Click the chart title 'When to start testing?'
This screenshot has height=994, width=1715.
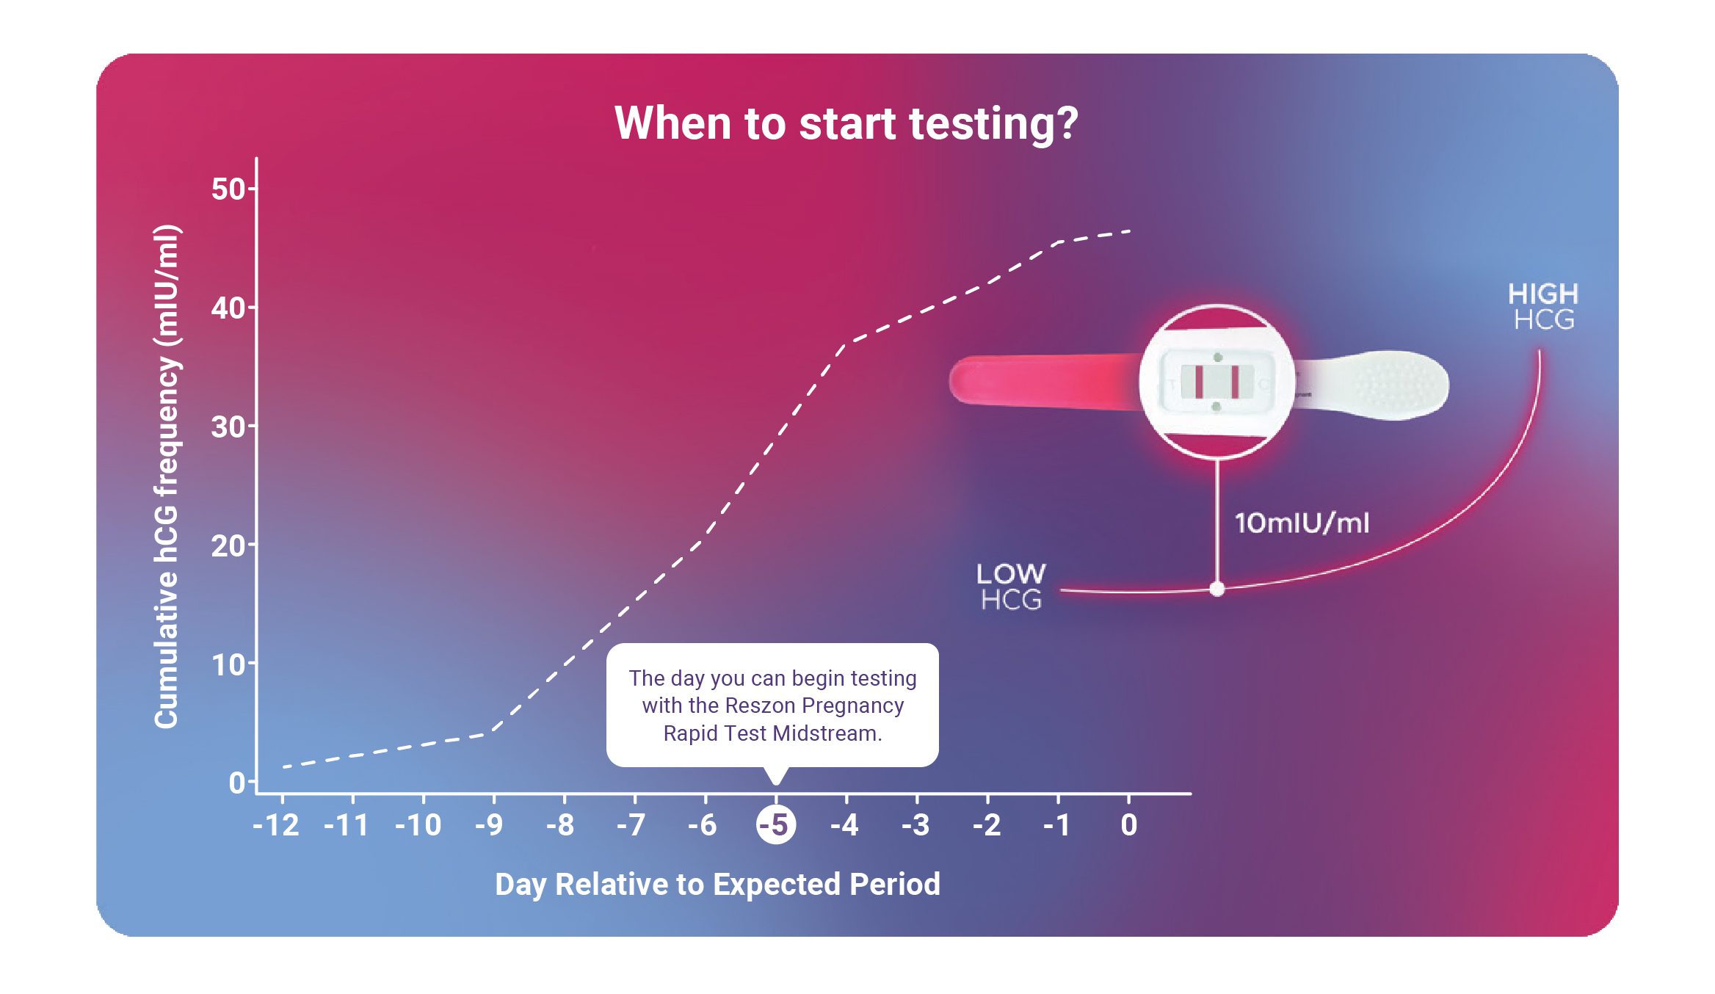tap(846, 123)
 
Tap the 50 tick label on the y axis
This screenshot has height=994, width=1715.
tap(228, 189)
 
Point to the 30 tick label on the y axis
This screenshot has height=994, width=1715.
tap(228, 427)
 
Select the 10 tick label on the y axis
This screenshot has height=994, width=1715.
tap(228, 665)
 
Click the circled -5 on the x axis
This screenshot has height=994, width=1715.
tap(775, 824)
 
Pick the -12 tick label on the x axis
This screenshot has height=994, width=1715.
tap(276, 825)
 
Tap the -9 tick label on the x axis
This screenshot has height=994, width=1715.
tap(489, 825)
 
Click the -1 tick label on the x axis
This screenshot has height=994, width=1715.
tap(1056, 825)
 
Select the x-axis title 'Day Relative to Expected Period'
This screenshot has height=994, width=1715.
tap(717, 884)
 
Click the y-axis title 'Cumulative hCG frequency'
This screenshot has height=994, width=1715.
tap(167, 477)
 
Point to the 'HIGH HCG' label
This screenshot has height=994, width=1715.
tap(1543, 307)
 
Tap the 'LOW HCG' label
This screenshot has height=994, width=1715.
tap(1011, 587)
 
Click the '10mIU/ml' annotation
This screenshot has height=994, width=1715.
tap(1302, 523)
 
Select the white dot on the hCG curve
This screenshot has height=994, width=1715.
tap(1217, 589)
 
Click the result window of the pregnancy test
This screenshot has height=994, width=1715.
tap(1217, 382)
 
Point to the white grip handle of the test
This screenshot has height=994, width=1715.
tap(1380, 385)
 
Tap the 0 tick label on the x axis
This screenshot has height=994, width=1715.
tap(1129, 825)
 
